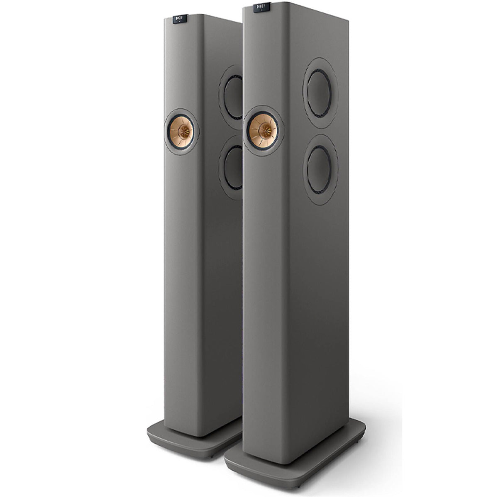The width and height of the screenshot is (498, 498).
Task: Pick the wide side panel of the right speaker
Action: [315, 290]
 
